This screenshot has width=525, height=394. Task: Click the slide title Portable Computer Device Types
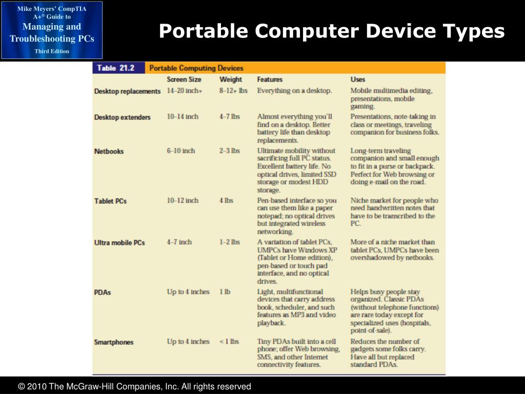pyautogui.click(x=332, y=32)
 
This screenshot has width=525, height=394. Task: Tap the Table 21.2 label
pyautogui.click(x=115, y=68)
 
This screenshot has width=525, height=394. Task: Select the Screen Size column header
pyautogui.click(x=184, y=80)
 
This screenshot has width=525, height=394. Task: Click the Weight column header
pyautogui.click(x=231, y=80)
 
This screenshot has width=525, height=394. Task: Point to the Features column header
pyautogui.click(x=270, y=80)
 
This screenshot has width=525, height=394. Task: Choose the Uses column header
pyautogui.click(x=358, y=80)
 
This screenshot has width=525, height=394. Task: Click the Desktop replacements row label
pyautogui.click(x=127, y=91)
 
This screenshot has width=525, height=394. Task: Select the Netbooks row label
pyautogui.click(x=109, y=151)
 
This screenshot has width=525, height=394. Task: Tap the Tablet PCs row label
pyautogui.click(x=110, y=201)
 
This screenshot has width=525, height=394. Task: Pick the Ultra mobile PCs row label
pyautogui.click(x=119, y=243)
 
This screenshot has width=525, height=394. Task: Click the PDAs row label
pyautogui.click(x=103, y=292)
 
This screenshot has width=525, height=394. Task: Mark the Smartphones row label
pyautogui.click(x=114, y=342)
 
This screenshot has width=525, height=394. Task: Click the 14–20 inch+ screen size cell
pyautogui.click(x=185, y=91)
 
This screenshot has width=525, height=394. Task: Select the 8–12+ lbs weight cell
pyautogui.click(x=233, y=91)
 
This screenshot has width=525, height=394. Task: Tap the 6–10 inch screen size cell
pyautogui.click(x=181, y=151)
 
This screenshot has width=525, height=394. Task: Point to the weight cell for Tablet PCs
pyautogui.click(x=226, y=201)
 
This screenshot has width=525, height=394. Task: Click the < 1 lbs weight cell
pyautogui.click(x=229, y=342)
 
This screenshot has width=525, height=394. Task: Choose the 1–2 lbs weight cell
pyautogui.click(x=229, y=242)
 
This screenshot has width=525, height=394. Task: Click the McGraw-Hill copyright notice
pyautogui.click(x=134, y=386)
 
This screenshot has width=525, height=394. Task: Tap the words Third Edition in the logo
pyautogui.click(x=52, y=51)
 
